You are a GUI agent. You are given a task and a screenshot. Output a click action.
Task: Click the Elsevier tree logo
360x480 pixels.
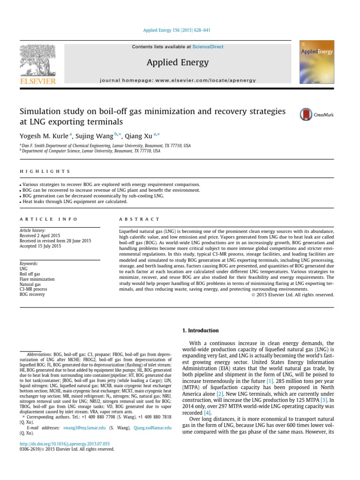pyautogui.click(x=41, y=60)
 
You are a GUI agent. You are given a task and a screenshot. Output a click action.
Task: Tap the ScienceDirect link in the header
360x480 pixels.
pyautogui.click(x=208, y=47)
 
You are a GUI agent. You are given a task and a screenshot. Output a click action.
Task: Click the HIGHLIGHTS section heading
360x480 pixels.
pyautogui.click(x=45, y=172)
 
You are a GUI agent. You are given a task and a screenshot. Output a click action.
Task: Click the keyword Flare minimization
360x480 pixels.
pyautogui.click(x=37, y=279)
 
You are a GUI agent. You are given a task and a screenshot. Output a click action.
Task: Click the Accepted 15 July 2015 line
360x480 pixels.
pyautogui.click(x=40, y=246)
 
